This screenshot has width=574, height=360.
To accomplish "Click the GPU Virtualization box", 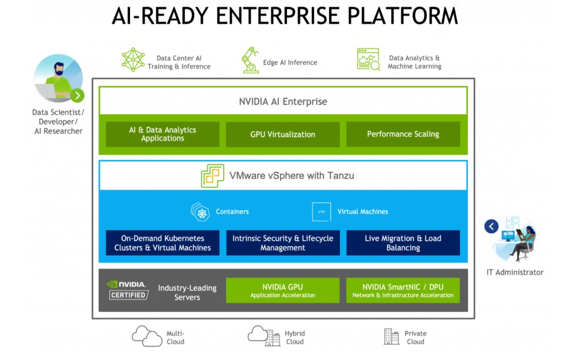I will pos(282,134).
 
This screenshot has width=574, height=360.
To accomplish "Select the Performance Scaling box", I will pos(403,134).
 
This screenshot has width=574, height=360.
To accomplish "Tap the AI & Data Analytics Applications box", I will pos(162,134).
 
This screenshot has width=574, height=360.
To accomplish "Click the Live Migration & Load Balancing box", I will pos(403,243).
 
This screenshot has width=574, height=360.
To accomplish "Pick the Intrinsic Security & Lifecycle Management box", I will pos(282,243).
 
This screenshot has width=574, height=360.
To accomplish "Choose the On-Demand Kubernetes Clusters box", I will pos(162,243).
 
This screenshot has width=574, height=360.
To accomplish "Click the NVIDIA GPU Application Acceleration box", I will pos(282,290).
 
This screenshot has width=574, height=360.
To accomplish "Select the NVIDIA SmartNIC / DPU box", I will pos(403,290).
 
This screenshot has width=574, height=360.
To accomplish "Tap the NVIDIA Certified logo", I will pos(128,290).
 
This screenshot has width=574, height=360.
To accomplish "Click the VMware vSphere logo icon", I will pos(212,176).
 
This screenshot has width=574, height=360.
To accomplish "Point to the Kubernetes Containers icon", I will pos(200,212).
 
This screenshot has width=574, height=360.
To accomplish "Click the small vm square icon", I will pos(321,212).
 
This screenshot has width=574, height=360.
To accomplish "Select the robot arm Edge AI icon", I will pos(250,60).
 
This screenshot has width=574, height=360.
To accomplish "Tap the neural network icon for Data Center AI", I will pos(133,60).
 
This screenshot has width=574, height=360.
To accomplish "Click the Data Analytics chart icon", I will pos(368,60).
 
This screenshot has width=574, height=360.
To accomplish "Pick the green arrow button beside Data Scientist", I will pos(77,95).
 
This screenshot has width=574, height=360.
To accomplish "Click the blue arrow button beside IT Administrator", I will pos(491,226).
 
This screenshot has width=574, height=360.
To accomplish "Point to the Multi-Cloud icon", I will pos(147,337).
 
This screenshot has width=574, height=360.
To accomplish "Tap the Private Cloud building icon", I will pos(391,337).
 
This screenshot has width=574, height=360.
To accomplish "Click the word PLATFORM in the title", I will pos(402,16).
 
